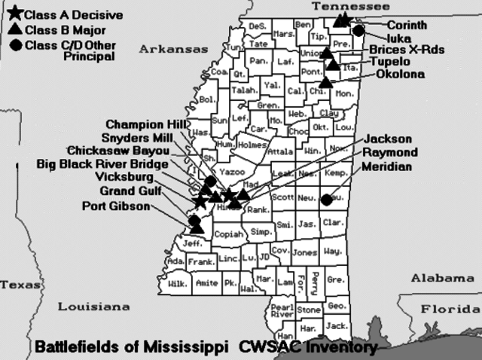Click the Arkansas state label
pos(172,49)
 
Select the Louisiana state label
pos(95,307)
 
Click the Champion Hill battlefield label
pos(145,124)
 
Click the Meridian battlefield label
pos(387,166)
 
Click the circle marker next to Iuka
pos(359,31)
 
